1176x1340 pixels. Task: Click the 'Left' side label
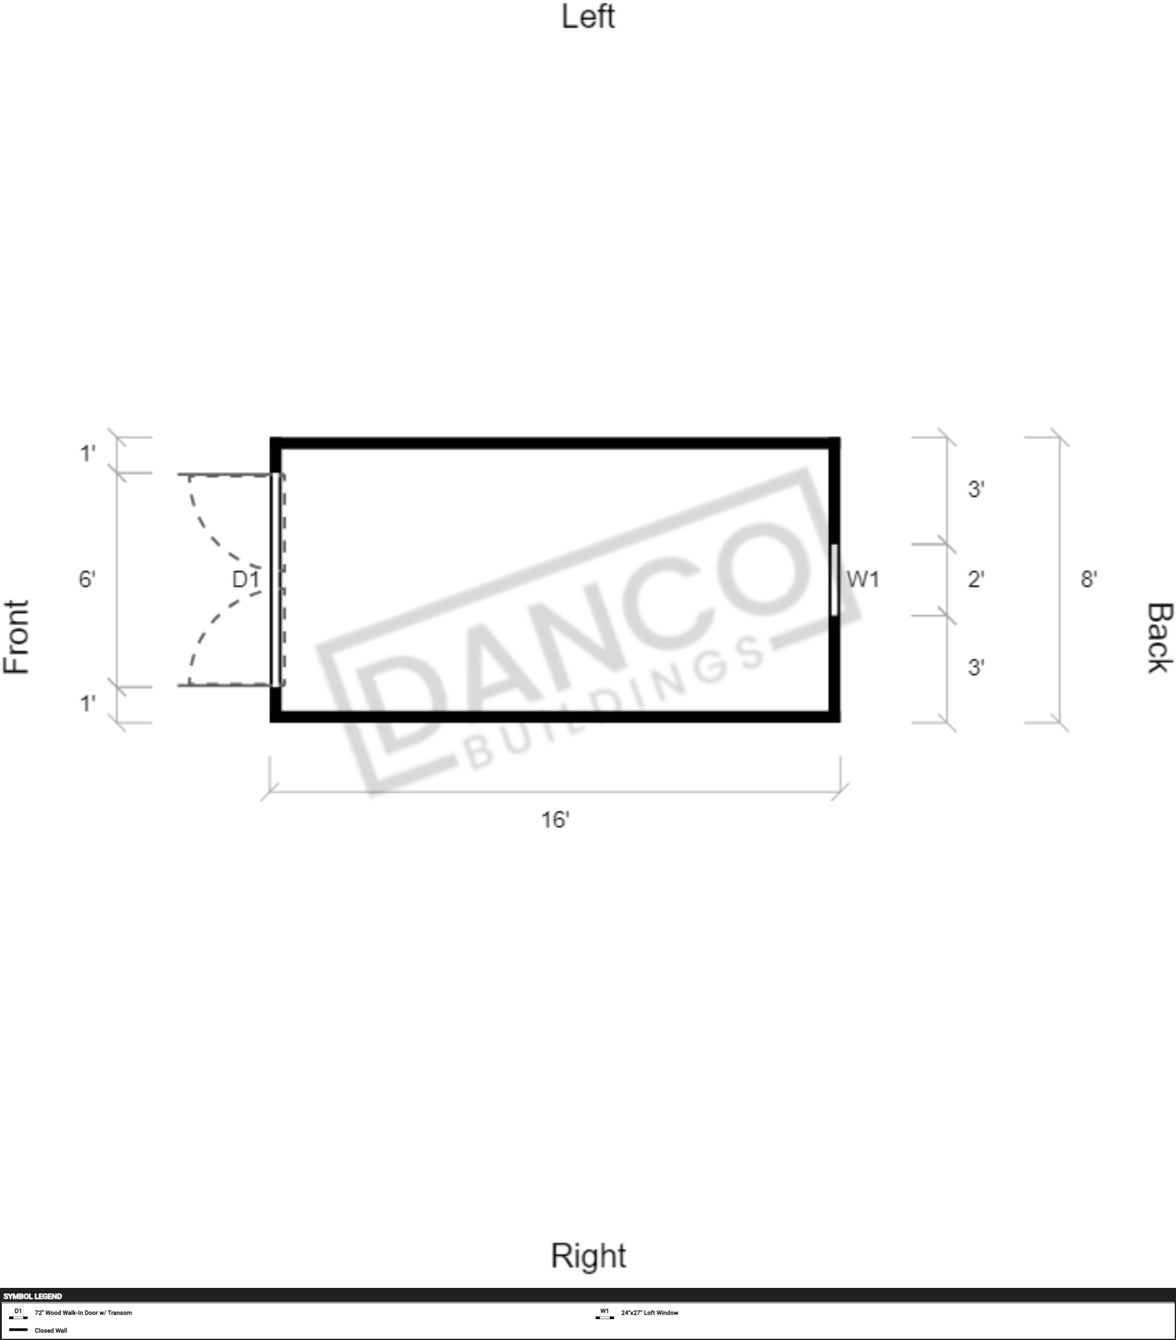tap(588, 17)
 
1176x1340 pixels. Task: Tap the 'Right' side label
tap(588, 1257)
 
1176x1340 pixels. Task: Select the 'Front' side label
tap(17, 637)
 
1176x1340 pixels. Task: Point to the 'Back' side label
tap(1159, 638)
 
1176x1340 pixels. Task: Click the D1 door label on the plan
tap(246, 579)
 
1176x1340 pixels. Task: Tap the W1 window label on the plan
tap(863, 579)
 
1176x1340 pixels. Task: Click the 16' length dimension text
tap(555, 819)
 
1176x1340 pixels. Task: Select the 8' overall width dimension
tap(1089, 579)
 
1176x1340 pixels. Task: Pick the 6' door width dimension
tap(87, 579)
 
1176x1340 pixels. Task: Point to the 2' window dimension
tap(976, 579)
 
